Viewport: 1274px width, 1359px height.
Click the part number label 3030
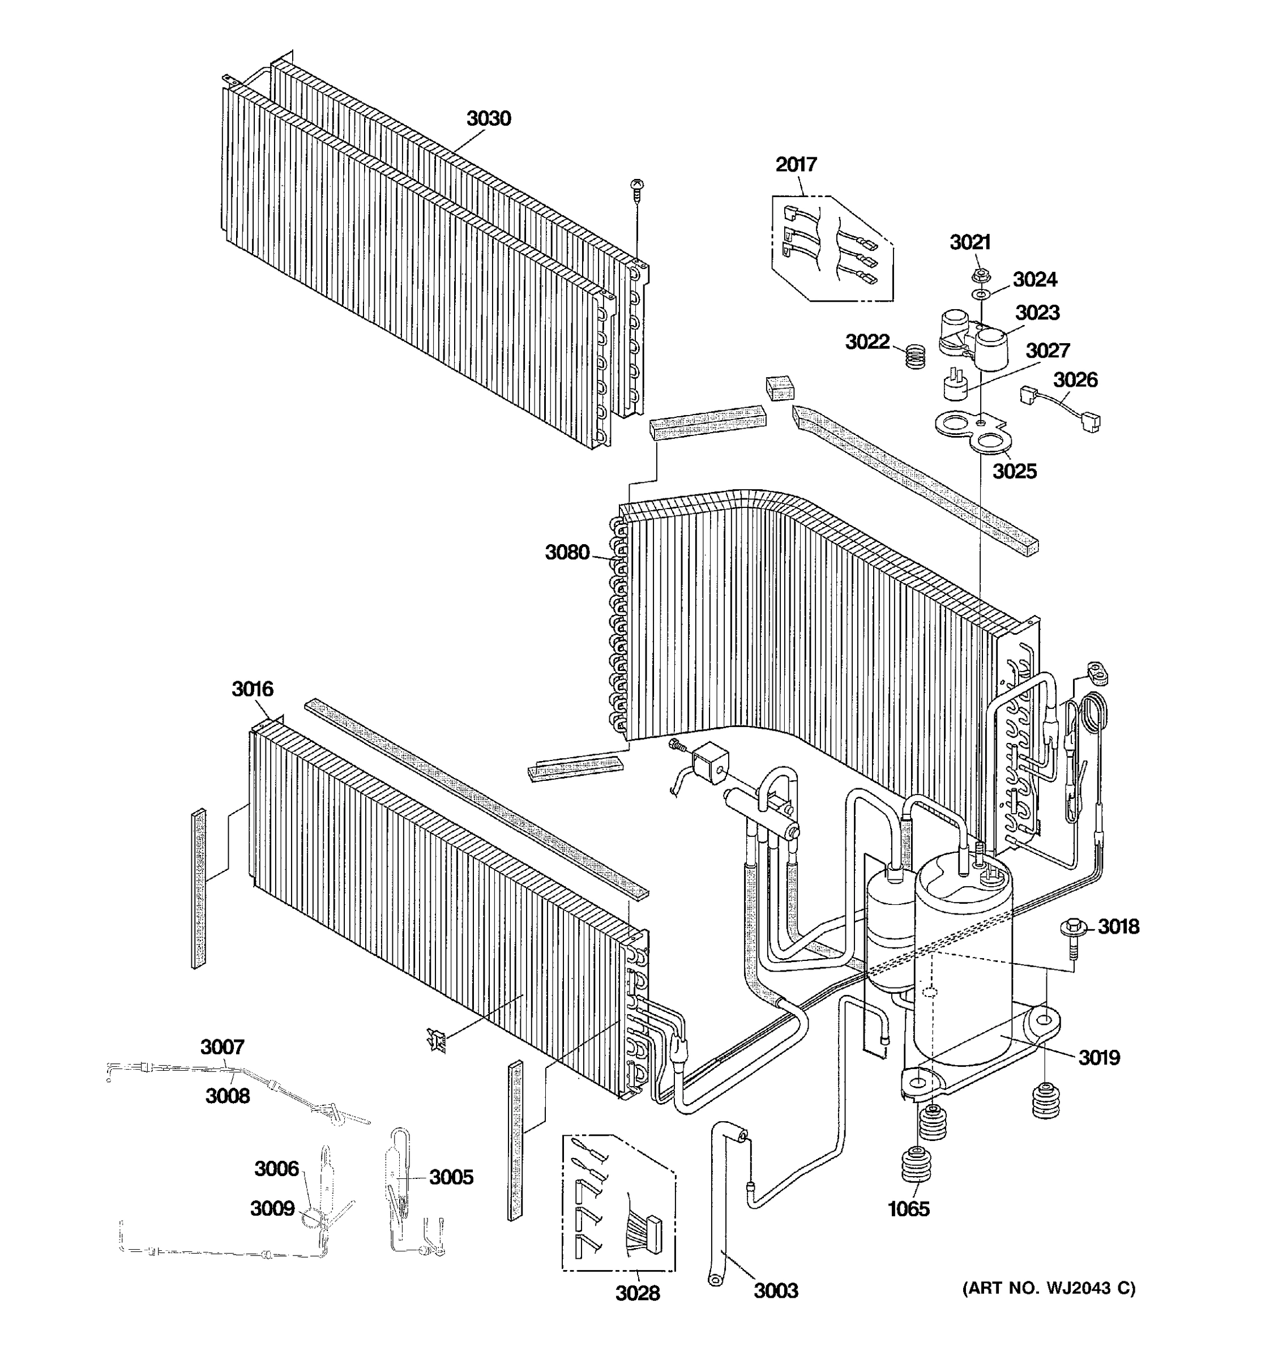click(488, 119)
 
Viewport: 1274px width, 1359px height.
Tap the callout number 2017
click(796, 165)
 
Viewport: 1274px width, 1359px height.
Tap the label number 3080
click(567, 552)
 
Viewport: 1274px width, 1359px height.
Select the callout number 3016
click(252, 689)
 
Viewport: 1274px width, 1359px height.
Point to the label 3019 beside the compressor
click(1099, 1058)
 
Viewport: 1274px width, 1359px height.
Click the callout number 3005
click(451, 1177)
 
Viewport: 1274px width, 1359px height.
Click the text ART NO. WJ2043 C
click(1049, 1289)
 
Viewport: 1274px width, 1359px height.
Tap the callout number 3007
click(222, 1046)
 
